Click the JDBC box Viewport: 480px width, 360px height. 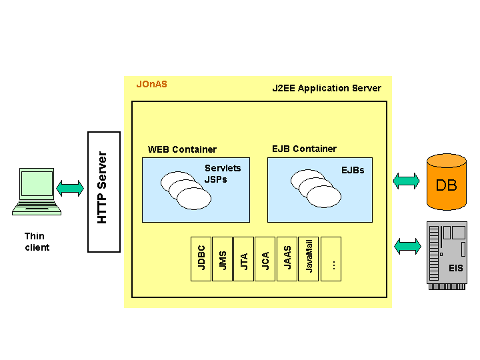pos(201,259)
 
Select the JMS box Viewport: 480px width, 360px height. pos(223,259)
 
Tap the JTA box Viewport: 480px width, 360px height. pos(244,259)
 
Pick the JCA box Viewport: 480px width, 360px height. pos(265,259)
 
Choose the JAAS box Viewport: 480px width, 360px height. pos(287,259)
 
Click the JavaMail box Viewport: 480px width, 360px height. pos(309,259)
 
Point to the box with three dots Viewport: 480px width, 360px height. pos(331,259)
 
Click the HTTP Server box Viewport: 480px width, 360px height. pos(104,192)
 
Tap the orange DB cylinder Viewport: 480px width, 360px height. pos(446,182)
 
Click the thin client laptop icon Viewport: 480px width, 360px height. pos(37,191)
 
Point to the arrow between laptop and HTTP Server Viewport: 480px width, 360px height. pos(70,188)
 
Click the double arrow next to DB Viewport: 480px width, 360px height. pos(407,181)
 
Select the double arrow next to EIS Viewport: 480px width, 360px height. pos(407,246)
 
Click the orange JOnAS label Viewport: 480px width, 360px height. pos(152,85)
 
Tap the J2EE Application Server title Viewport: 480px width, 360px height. pos(327,88)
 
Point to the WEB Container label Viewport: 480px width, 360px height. pos(182,149)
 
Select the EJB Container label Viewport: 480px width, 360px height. pos(305,149)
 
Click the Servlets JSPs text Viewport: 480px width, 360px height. pos(223,173)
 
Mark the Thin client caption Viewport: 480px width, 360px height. pos(36,241)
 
